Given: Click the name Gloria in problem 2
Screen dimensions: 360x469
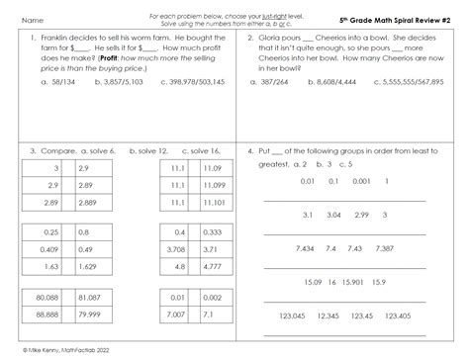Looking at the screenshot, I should pyautogui.click(x=277, y=39).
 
